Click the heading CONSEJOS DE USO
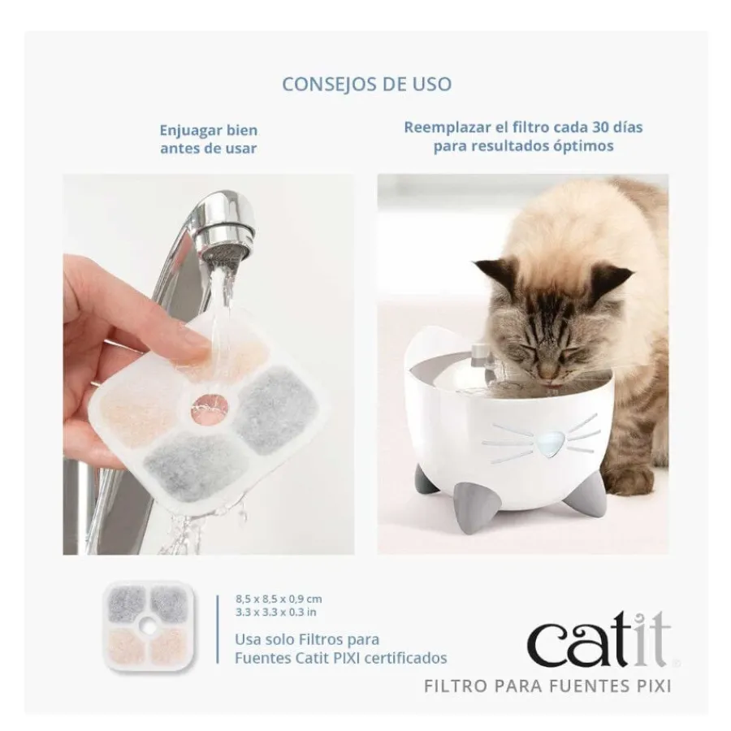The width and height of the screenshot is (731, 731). pos(367,84)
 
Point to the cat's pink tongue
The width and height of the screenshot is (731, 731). pos(554,386)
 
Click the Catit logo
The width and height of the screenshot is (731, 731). pos(599,640)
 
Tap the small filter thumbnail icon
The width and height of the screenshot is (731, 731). pos(149,626)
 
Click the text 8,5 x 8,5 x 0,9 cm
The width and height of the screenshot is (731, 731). pos(279,599)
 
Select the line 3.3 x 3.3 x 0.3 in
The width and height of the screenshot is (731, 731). pos(276,612)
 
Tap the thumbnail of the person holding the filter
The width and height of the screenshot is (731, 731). pos(209,365)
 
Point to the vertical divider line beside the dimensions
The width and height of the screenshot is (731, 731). pos(217,629)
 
